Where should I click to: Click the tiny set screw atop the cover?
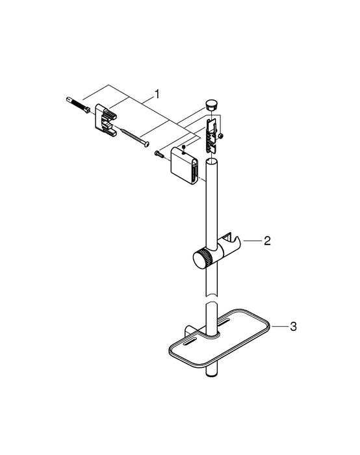(x=185, y=148)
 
